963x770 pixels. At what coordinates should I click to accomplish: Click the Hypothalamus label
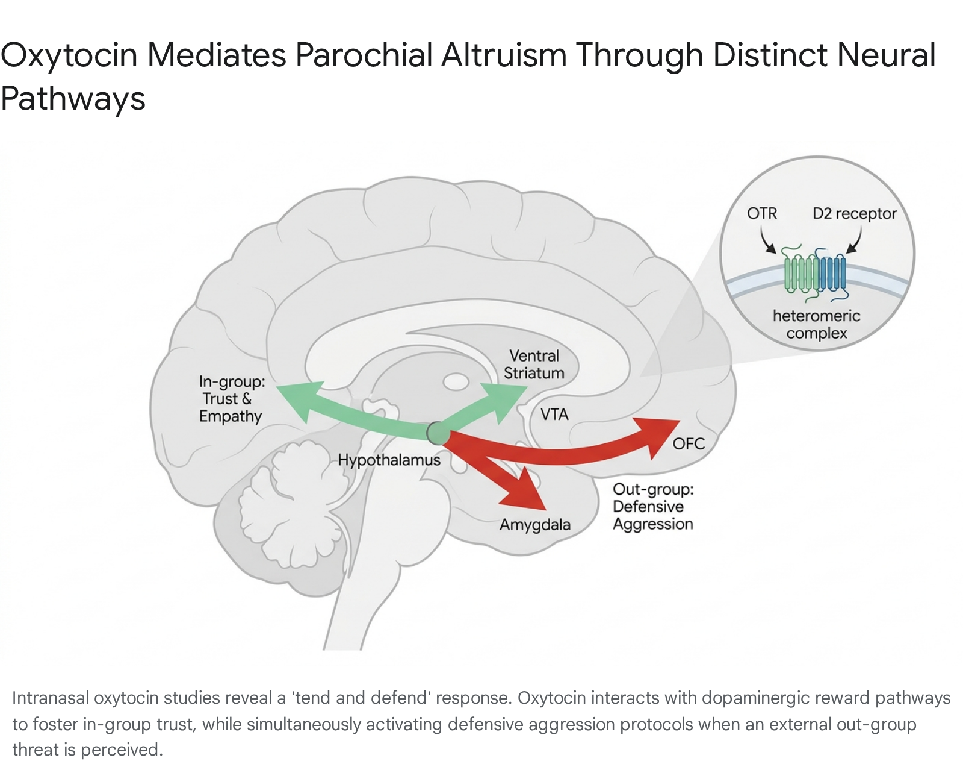[389, 460]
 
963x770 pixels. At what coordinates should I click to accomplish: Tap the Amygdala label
[534, 525]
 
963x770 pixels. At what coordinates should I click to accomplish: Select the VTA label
[554, 415]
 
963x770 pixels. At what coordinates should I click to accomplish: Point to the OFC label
[689, 443]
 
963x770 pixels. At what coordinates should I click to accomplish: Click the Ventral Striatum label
[534, 365]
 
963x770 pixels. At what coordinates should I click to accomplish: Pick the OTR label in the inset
[762, 213]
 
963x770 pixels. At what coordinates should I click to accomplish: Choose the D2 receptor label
[855, 214]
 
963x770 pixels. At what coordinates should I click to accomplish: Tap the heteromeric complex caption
[817, 324]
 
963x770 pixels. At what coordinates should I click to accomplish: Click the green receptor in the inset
[802, 274]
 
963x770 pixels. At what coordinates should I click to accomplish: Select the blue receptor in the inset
[832, 274]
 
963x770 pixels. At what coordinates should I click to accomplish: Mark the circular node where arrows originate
[438, 433]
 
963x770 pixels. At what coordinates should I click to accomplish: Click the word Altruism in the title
[504, 55]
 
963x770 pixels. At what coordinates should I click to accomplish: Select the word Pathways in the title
[73, 99]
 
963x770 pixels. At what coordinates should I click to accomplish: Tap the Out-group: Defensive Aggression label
[653, 507]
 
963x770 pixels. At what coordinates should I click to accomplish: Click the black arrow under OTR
[767, 240]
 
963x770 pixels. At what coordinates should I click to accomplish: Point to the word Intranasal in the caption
[50, 698]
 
